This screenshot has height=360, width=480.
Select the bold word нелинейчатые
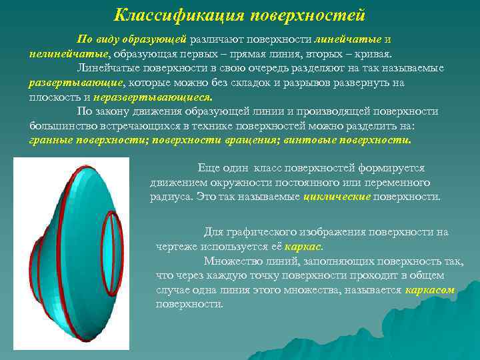pyautogui.click(x=69, y=54)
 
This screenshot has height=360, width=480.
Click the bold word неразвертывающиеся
pyautogui.click(x=138, y=97)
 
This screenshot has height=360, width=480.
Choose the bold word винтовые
pyautogui.click(x=293, y=141)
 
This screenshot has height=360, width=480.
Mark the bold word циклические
pyautogui.click(x=337, y=197)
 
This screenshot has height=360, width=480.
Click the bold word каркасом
pyautogui.click(x=429, y=291)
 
